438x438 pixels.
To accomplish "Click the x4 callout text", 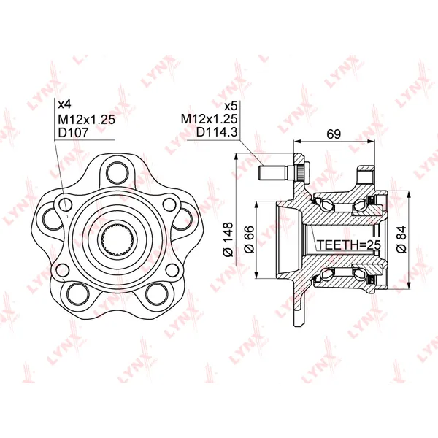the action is click(64, 104).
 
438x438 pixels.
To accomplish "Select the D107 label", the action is click(73, 133).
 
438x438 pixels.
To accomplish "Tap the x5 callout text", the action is click(231, 106).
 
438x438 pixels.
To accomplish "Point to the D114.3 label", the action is click(217, 132).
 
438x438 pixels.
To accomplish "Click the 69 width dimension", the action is click(334, 134).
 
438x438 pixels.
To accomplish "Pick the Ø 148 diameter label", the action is click(228, 239).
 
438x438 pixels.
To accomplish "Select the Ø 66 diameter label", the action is click(249, 239).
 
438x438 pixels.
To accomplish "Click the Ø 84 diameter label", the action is click(401, 239).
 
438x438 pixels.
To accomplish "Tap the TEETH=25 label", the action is click(349, 245).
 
